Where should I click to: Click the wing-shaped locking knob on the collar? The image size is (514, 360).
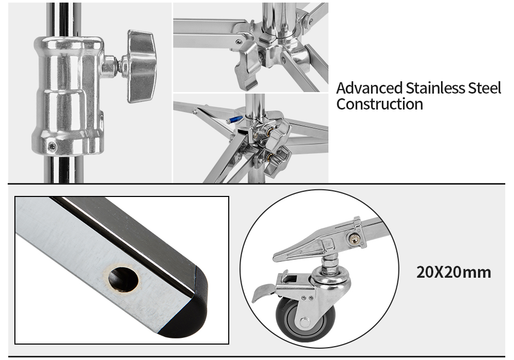139,66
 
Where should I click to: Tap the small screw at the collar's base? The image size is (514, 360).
52,147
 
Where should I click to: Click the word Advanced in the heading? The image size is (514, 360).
369,88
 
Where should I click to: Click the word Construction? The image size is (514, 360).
380,104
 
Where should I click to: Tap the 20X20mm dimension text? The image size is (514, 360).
454,273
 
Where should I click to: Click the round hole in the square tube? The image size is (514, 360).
123,279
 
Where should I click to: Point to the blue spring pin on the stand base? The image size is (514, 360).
234,120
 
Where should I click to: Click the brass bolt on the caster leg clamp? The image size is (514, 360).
354,239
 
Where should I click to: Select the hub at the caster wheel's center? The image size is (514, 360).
305,322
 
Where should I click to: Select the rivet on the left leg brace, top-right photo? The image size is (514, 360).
238,42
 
